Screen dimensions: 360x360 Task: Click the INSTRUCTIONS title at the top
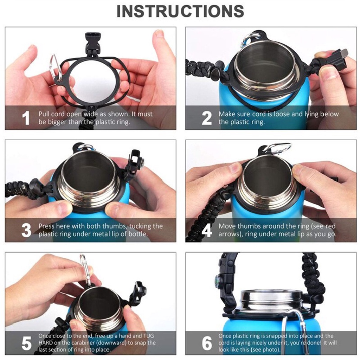tap(180, 11)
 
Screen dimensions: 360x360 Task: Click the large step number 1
tap(26, 118)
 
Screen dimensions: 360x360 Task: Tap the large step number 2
tap(206, 118)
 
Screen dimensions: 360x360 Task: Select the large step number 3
tap(26, 230)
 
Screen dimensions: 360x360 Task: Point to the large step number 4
tap(207, 230)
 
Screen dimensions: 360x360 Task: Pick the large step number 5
tap(26, 343)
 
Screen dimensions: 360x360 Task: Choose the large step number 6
tap(207, 343)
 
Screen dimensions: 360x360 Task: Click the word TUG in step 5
tap(149, 336)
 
